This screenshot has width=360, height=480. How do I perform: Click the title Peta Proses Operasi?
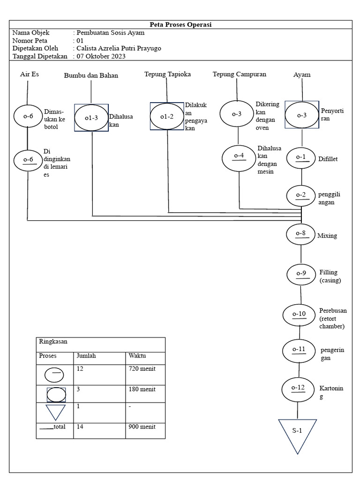click(180, 24)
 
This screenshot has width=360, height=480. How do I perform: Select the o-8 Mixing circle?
click(301, 234)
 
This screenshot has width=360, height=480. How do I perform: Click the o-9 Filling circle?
click(301, 274)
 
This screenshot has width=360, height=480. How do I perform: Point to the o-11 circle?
click(299, 350)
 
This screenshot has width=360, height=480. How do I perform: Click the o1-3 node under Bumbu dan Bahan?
click(91, 118)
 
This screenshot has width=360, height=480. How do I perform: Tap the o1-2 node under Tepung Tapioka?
click(166, 117)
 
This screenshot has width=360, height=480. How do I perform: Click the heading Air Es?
click(30, 74)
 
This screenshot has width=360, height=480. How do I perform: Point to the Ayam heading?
click(302, 75)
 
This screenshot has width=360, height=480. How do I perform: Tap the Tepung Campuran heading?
click(239, 74)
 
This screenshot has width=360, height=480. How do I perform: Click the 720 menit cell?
click(142, 369)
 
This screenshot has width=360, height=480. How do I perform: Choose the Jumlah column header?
click(86, 356)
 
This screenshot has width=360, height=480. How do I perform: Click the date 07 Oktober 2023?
click(102, 56)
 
